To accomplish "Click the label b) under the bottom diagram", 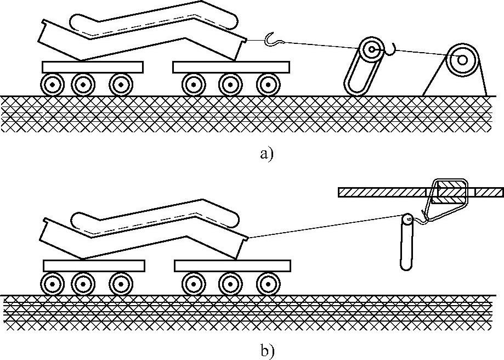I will (267, 350).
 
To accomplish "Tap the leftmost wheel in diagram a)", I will (52, 85).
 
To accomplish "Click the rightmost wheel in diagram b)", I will (267, 284).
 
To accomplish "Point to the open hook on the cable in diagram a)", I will (273, 39).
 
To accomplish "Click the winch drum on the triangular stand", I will (460, 59).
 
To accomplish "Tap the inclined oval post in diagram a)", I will (361, 69).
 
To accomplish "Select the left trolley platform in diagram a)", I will (92, 67).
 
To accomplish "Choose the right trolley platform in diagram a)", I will (231, 67).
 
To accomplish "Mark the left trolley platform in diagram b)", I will (94, 266).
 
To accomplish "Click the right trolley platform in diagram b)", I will (232, 266).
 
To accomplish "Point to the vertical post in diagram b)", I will (406, 244).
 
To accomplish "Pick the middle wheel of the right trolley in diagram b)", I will (230, 284).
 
